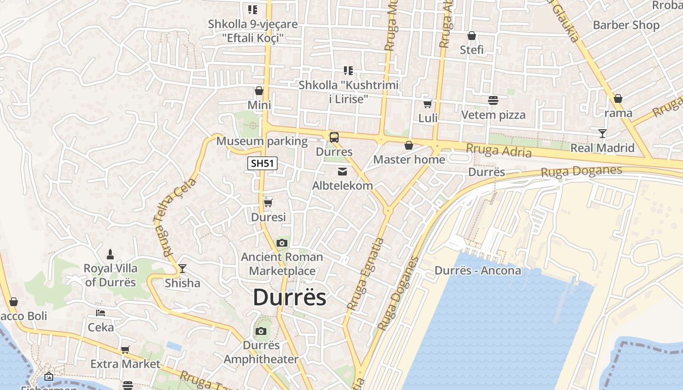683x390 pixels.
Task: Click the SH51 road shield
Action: [262, 163]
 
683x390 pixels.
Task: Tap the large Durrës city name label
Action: [289, 297]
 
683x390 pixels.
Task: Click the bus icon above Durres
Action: [334, 137]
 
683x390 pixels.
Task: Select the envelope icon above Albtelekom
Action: [342, 171]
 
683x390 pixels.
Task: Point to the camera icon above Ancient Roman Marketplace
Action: [281, 243]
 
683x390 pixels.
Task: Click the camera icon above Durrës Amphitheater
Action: [261, 331]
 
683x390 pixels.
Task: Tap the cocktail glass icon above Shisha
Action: [182, 269]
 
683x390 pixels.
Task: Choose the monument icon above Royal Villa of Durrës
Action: [110, 254]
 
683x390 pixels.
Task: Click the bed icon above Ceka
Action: [100, 313]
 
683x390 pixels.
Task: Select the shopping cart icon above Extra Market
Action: [125, 350]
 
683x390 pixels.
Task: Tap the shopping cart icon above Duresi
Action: [268, 203]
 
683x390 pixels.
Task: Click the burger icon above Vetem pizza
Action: [493, 100]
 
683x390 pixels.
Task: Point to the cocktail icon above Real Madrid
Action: [603, 134]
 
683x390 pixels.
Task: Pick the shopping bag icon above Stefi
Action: [472, 36]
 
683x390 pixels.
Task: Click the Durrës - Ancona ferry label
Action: [478, 271]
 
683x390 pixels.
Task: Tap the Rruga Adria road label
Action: [499, 151]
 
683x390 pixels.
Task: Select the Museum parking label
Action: [262, 141]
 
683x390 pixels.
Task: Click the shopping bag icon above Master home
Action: [409, 145]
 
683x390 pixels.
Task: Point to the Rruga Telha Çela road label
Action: [179, 217]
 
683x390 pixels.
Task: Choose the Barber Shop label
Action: [626, 25]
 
